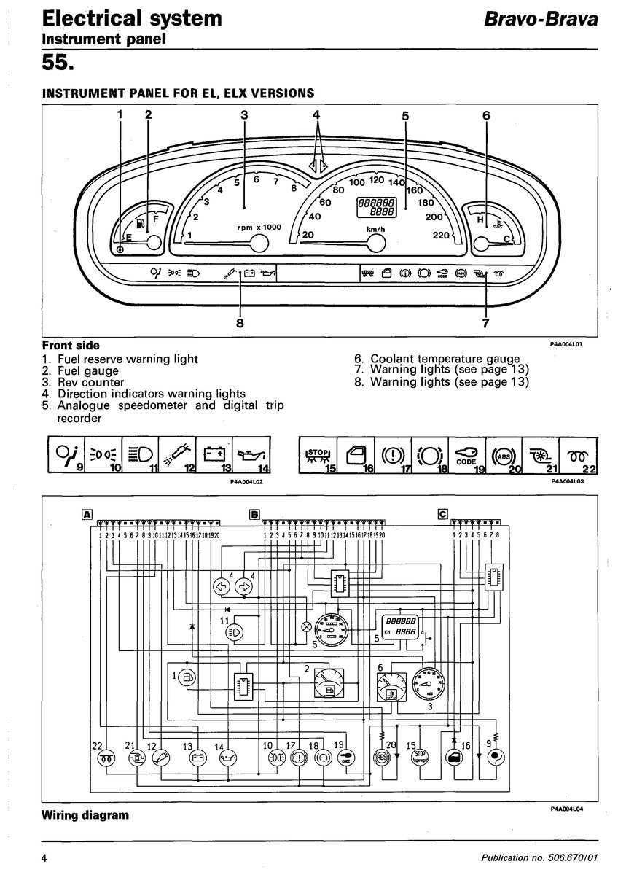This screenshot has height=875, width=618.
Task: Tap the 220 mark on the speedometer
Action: [x=440, y=235]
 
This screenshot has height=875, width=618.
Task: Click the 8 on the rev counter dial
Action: [x=294, y=188]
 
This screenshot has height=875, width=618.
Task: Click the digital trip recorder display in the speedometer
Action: [x=375, y=206]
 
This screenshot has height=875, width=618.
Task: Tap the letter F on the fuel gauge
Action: [x=154, y=217]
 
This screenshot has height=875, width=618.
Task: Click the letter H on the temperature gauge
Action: [x=480, y=219]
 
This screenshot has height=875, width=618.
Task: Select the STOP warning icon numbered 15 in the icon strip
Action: [x=318, y=454]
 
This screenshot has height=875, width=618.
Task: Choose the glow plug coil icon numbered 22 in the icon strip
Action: [x=578, y=454]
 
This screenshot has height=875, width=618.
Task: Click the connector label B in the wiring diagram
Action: [x=254, y=514]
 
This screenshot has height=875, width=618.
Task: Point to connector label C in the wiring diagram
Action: [x=442, y=514]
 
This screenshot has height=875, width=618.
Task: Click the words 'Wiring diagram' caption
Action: [x=85, y=814]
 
